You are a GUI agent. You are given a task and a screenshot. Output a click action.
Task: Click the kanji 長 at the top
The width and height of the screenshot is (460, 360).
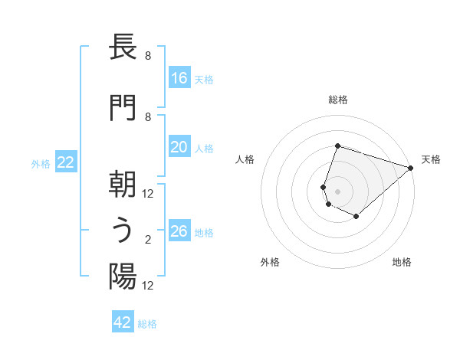123,48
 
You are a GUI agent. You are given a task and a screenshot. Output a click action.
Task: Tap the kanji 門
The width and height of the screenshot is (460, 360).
123,107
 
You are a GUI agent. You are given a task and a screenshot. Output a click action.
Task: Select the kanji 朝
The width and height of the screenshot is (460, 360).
123,184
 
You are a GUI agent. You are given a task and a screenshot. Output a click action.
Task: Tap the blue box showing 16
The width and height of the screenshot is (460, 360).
179,78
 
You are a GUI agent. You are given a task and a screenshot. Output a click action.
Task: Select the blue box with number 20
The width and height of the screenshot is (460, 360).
179,148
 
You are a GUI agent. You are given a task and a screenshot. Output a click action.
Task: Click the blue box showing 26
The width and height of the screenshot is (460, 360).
179,232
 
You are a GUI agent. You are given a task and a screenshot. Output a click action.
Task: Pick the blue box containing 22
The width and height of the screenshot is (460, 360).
66,162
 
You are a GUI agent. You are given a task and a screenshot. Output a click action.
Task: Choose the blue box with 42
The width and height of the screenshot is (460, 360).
123,322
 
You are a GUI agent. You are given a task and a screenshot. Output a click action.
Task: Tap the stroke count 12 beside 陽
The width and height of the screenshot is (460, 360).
148,286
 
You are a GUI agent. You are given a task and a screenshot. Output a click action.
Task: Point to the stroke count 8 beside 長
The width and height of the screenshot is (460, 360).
148,56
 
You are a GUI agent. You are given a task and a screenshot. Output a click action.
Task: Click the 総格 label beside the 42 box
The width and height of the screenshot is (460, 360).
147,324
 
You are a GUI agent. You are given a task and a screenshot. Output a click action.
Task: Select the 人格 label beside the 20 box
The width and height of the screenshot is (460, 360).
204,149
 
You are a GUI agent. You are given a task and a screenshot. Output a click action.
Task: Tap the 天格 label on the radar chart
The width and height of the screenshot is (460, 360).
431,159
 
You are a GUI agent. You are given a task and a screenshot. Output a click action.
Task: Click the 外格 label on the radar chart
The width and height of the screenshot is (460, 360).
270,262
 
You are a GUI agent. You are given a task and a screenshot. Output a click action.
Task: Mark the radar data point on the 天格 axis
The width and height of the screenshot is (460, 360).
410,168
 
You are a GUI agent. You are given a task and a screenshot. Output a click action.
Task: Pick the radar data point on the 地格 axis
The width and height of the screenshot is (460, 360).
356,217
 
